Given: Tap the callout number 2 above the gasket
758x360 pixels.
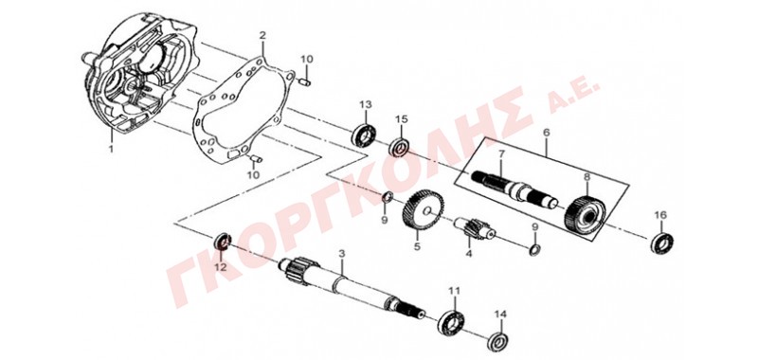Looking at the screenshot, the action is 262,35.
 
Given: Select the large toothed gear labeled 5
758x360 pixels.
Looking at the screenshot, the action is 423,212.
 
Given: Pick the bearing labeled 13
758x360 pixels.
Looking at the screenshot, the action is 365,135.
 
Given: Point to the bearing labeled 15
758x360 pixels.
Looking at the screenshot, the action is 400,147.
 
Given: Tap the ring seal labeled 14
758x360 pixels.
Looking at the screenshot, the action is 498,341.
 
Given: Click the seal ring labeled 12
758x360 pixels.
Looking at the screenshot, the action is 223,241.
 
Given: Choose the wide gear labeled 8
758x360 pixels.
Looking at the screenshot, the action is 585,217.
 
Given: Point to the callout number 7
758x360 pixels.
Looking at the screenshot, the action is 501,154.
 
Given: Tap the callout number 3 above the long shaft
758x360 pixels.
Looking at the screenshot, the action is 342,253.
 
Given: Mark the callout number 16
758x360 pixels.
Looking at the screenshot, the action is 660,214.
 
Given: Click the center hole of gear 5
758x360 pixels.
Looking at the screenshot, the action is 429,210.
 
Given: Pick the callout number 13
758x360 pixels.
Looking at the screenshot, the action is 365,104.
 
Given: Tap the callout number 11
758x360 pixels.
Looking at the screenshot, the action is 455,291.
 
